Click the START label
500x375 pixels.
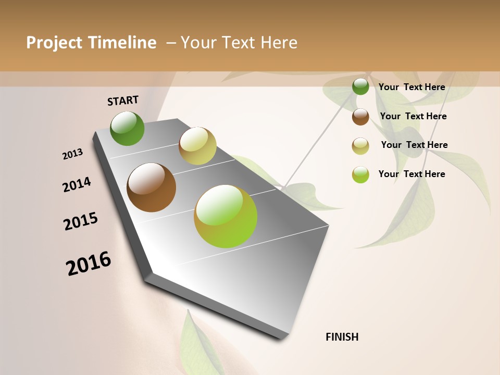click(123, 101)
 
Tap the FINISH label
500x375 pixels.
click(342, 337)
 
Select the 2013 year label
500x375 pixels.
click(72, 154)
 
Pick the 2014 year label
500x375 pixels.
click(77, 185)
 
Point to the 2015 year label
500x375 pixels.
click(81, 221)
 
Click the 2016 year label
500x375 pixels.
click(89, 264)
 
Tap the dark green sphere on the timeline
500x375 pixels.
click(128, 129)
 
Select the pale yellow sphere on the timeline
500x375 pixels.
click(197, 146)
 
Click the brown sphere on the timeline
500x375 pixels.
click(152, 187)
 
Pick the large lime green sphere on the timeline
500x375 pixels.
click(226, 216)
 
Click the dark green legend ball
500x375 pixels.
click(360, 86)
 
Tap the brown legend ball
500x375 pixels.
click(360, 117)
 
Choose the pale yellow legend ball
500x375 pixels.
click(360, 146)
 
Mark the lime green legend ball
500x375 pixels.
click(360, 174)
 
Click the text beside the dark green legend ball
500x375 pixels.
click(411, 87)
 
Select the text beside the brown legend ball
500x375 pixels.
click(413, 116)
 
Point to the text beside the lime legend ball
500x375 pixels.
click(411, 174)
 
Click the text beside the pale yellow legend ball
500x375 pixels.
click(414, 145)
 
